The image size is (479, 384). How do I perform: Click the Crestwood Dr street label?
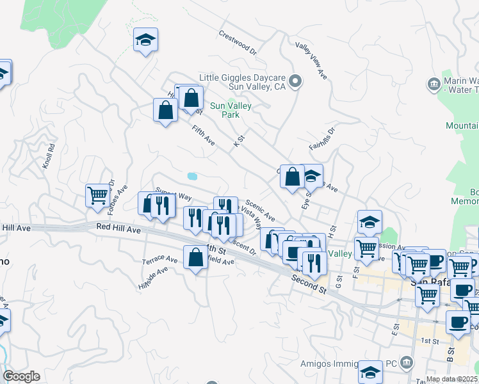pyautogui.click(x=237, y=42)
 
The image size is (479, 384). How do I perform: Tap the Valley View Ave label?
pyautogui.click(x=311, y=61)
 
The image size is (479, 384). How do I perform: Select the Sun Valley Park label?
pyautogui.click(x=231, y=110)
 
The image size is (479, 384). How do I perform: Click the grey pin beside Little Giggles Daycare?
pyautogui.click(x=295, y=81)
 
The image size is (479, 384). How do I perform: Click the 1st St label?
pyautogui.click(x=430, y=341)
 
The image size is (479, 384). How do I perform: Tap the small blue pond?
pyautogui.click(x=191, y=175)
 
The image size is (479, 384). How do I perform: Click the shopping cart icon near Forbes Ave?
pyautogui.click(x=97, y=195)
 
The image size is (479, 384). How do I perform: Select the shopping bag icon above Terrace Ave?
pyautogui.click(x=195, y=258)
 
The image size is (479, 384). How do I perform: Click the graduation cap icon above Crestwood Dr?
pyautogui.click(x=145, y=40)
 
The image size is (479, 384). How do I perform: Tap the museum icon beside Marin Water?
pyautogui.click(x=434, y=83)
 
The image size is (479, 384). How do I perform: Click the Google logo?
pyautogui.click(x=21, y=376)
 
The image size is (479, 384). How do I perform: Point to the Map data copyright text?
pyautogui.click(x=452, y=379)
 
